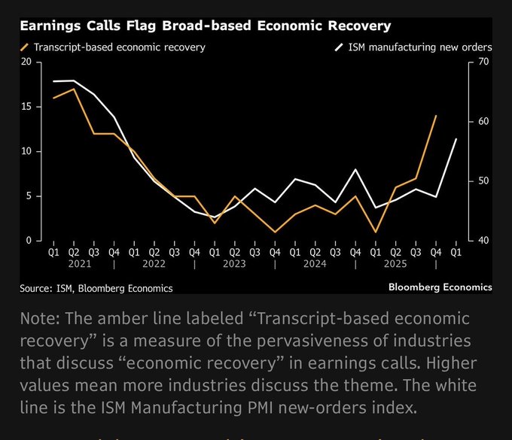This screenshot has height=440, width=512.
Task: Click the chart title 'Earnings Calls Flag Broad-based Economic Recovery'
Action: click(x=205, y=26)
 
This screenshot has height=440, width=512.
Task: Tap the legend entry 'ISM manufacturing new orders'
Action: click(x=419, y=47)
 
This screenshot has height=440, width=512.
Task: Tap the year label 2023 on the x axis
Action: click(x=235, y=265)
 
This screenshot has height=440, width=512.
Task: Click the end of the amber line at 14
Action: click(x=436, y=116)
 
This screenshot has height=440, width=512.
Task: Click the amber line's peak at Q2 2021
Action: click(x=74, y=89)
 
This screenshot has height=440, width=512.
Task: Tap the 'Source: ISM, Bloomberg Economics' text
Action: click(x=96, y=288)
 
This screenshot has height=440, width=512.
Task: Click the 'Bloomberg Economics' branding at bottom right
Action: click(x=440, y=287)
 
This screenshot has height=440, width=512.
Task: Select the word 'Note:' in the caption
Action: click(x=43, y=319)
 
